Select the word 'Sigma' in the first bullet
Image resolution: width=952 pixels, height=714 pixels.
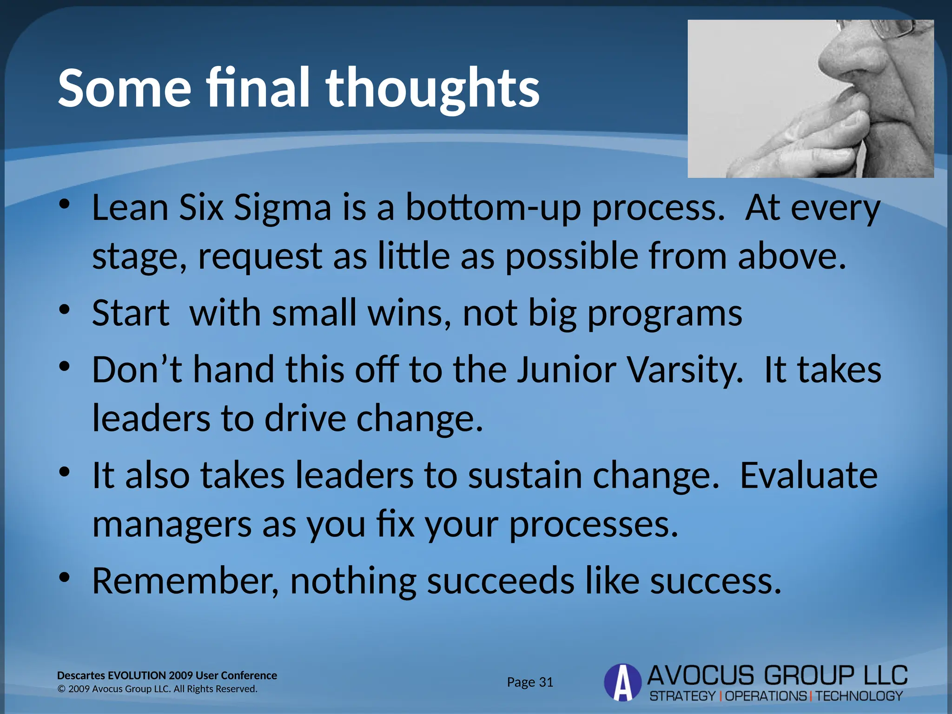pyautogui.click(x=282, y=208)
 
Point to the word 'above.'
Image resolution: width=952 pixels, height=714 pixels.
pyautogui.click(x=792, y=256)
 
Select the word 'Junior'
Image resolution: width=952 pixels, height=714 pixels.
pyautogui.click(x=567, y=370)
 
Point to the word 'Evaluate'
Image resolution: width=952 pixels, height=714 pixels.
pyautogui.click(x=808, y=476)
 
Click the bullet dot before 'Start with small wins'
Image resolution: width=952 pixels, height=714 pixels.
pyautogui.click(x=64, y=309)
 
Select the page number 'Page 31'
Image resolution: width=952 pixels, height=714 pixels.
pyautogui.click(x=530, y=682)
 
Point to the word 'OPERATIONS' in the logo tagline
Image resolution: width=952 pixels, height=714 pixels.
pyautogui.click(x=766, y=696)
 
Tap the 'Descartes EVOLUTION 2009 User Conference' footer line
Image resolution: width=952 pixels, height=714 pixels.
pyautogui.click(x=167, y=675)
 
